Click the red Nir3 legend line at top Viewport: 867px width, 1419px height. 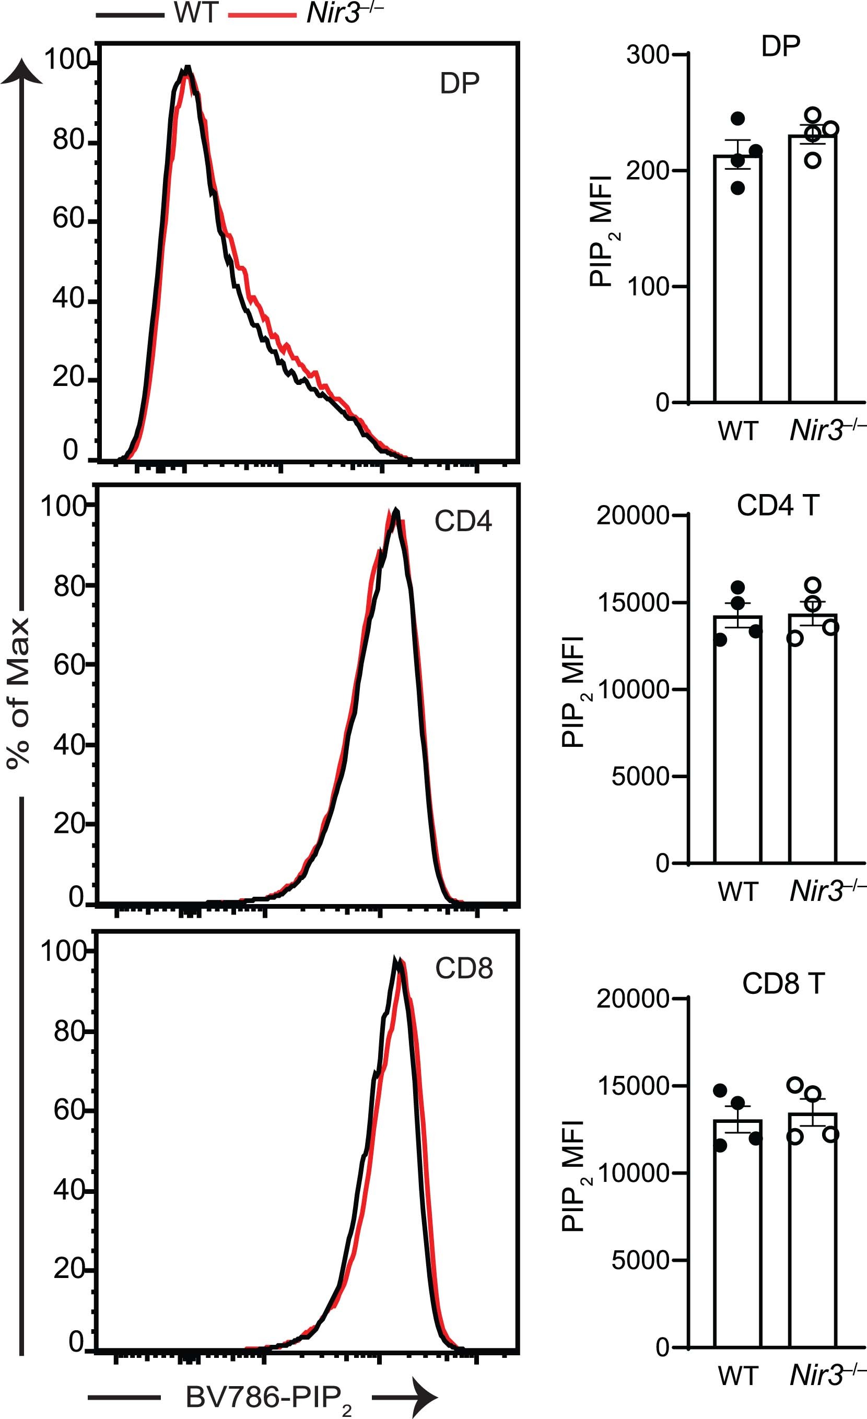(x=262, y=15)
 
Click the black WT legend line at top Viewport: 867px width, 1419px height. (x=130, y=15)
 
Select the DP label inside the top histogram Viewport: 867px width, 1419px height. (x=459, y=84)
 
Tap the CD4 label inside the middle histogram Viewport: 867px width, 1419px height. (x=463, y=521)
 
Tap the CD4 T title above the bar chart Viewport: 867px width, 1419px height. (x=777, y=506)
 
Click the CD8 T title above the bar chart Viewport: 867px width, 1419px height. (x=783, y=983)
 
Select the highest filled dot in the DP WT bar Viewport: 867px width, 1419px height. (x=737, y=119)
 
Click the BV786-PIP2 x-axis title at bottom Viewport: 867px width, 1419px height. (x=268, y=1398)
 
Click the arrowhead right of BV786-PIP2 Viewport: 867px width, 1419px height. (x=424, y=1398)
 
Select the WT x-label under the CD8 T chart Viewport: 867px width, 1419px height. (x=737, y=1376)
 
